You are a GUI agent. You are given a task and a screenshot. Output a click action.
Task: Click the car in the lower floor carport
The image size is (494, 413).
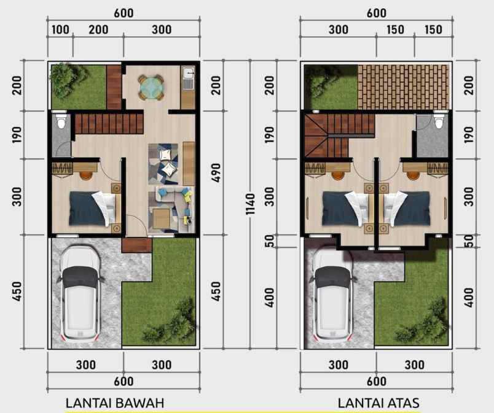(x=79, y=293)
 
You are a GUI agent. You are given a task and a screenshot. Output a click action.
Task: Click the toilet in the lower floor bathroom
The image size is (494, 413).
(x=60, y=122)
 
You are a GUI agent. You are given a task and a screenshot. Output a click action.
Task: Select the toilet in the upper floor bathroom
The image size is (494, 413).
(x=439, y=122)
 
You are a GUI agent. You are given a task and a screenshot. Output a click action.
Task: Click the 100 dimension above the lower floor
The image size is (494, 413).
(x=60, y=30)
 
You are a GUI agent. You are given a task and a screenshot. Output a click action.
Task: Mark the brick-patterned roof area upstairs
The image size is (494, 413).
(x=404, y=86)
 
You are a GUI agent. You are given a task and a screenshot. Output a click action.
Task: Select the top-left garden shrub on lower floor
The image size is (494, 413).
(x=64, y=77)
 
